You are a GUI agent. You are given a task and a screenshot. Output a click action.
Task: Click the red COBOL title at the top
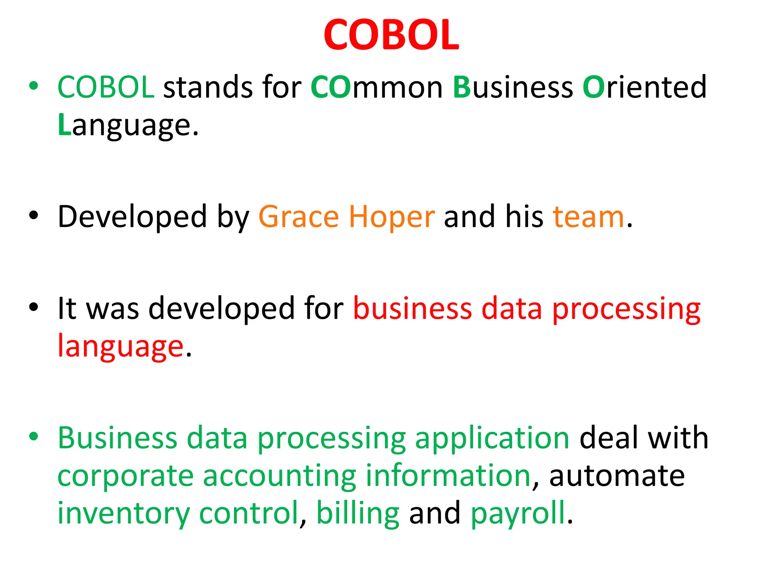tap(391, 35)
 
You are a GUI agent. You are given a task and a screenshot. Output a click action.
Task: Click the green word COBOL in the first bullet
tap(106, 88)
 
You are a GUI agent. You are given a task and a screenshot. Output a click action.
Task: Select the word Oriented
tap(645, 88)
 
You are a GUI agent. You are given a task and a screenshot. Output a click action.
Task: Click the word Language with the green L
tap(128, 125)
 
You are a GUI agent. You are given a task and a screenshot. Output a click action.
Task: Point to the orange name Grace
tap(299, 217)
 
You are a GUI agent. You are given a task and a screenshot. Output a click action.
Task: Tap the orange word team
tap(588, 217)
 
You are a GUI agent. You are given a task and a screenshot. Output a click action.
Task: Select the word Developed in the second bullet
tap(132, 217)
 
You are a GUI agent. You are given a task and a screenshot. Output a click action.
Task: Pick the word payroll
tap(518, 513)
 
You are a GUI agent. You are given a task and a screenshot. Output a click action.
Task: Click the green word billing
tap(358, 513)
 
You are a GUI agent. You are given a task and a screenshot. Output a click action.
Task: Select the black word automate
tap(617, 476)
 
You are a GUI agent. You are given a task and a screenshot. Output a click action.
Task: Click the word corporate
tap(126, 476)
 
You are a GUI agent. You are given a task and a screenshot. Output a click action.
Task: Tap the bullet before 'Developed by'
tap(34, 216)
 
